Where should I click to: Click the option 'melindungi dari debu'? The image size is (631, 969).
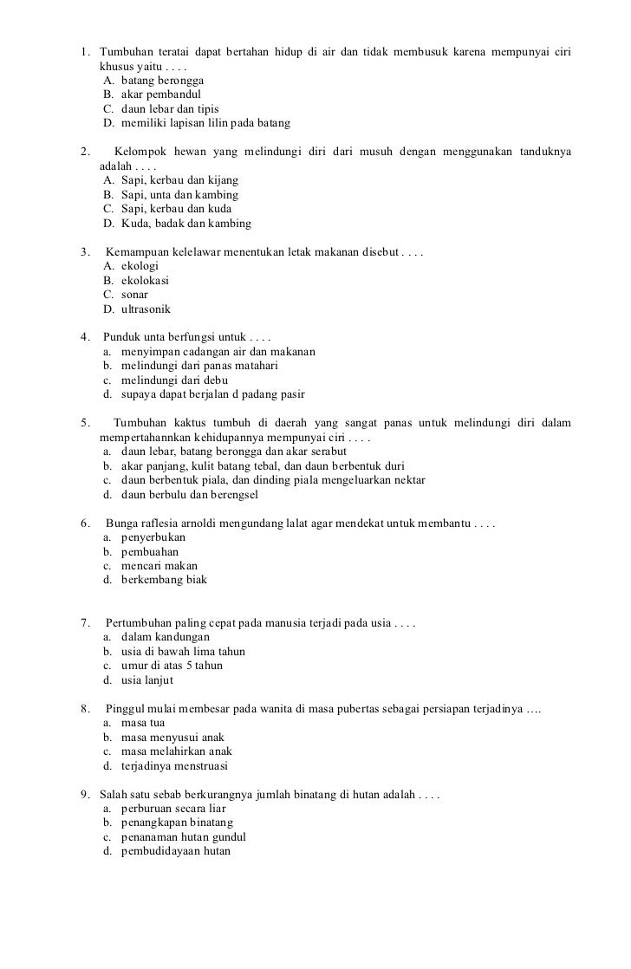coord(174,380)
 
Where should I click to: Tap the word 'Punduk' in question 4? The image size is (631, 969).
coord(121,338)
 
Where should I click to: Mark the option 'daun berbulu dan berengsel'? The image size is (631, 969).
coord(190,495)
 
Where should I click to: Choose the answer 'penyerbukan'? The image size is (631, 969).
coord(153,537)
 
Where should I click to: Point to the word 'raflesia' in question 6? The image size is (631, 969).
coord(166,524)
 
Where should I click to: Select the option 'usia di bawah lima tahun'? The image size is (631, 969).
coord(183,651)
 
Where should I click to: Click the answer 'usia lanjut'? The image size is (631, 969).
coord(147,680)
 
